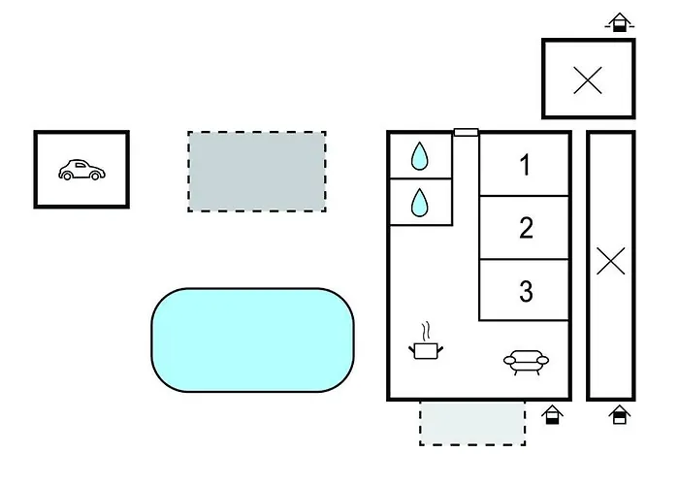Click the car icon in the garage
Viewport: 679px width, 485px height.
81,170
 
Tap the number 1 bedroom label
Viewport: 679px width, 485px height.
525,165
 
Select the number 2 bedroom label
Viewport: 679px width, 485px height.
526,228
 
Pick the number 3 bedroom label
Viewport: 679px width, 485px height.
526,291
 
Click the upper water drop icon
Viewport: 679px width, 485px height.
419,156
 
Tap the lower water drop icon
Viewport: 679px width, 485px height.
419,202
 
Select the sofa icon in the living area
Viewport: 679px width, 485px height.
526,362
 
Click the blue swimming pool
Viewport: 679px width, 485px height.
253,339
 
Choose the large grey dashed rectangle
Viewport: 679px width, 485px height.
257,172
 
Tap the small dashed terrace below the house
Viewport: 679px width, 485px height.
472,423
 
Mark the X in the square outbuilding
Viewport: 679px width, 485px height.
588,81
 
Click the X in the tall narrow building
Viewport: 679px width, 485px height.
610,261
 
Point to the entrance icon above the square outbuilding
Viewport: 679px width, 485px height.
620,22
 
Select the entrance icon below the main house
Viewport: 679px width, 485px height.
552,415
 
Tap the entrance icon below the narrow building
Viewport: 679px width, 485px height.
619,415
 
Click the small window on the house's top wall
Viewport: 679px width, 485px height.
466,132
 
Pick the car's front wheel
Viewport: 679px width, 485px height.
95,176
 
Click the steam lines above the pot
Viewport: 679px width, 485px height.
427,332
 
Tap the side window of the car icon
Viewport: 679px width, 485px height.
80,165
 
